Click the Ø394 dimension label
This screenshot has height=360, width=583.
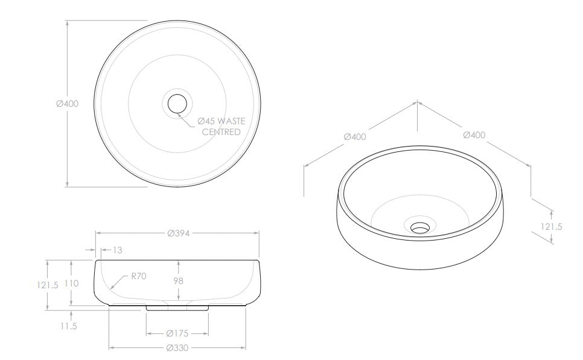179,233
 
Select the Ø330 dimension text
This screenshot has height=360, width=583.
177,348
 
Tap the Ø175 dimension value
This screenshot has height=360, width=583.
177,333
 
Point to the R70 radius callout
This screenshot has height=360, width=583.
139,276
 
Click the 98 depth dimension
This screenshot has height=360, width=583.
179,281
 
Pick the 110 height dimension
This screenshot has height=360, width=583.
71,283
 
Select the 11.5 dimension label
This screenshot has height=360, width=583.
69,326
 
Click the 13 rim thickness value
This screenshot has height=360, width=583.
117,250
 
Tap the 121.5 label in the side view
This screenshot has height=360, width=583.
48,285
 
